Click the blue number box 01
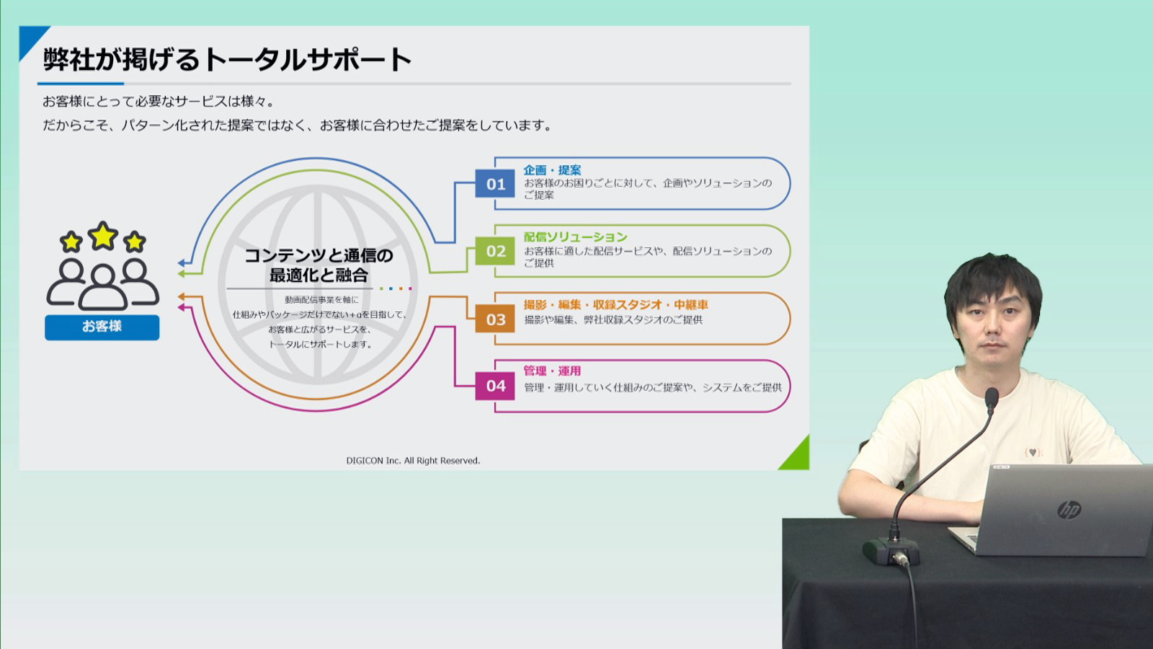pos(494,183)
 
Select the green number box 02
pos(494,251)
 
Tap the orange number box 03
pos(494,319)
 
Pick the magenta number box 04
pos(494,386)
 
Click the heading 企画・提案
pos(552,170)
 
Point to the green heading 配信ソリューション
pos(576,237)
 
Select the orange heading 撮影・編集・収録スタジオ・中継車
pos(615,304)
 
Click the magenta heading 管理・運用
pos(552,371)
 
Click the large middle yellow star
pos(103,237)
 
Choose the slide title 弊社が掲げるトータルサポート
pos(227,59)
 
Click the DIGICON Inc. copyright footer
pos(413,461)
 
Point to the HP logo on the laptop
pos(1069,509)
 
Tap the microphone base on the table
pos(891,551)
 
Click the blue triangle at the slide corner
pos(30,38)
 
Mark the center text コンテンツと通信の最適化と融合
pos(319,265)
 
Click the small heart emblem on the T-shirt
pos(1033,452)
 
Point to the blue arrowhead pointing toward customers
pos(181,263)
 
